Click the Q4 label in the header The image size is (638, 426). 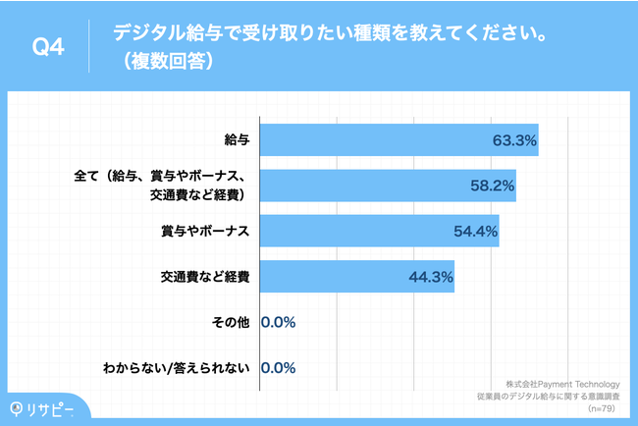coord(48,47)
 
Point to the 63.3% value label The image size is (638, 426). coord(513,140)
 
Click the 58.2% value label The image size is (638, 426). coord(492,186)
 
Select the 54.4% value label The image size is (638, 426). coord(475,232)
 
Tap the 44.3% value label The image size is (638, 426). coord(430,278)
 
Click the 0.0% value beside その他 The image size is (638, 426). coord(279,322)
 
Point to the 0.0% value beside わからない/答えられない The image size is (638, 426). coord(279,368)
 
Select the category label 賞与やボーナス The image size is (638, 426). coord(205,231)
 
